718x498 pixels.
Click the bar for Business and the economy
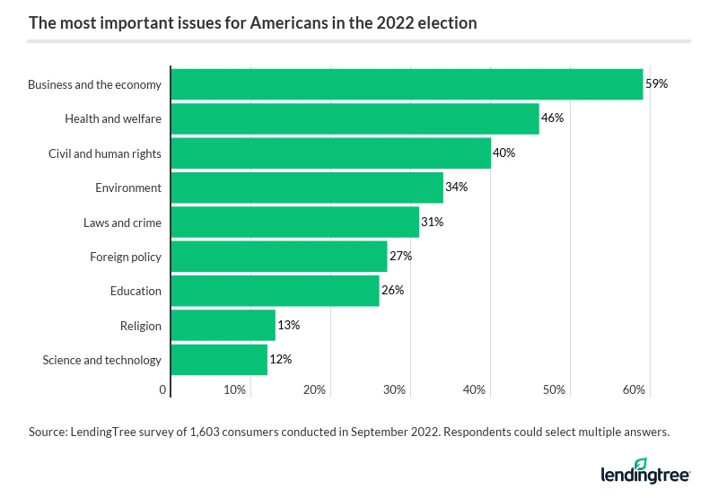point(407,84)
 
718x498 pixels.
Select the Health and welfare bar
point(355,118)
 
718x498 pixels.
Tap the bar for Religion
point(223,326)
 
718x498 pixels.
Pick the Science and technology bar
point(219,360)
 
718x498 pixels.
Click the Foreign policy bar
point(278,257)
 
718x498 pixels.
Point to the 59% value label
point(657,84)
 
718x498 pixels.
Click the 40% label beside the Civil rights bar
point(503,153)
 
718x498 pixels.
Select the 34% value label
point(456,188)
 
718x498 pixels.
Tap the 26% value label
point(392,291)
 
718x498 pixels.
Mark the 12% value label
point(280,360)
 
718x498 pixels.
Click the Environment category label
point(128,188)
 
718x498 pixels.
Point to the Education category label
point(136,291)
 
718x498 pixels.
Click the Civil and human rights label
point(105,153)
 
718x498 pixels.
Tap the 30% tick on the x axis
point(395,390)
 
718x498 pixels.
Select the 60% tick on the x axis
point(634,390)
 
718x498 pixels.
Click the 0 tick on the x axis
point(163,390)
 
